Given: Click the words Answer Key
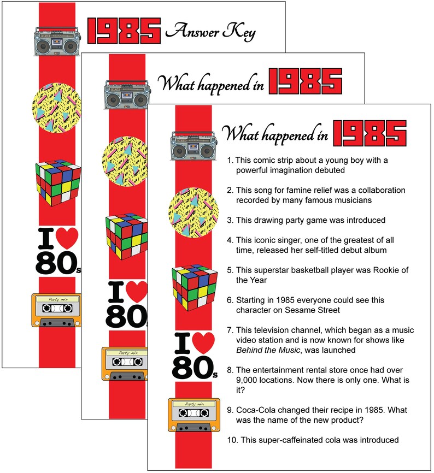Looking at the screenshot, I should [210, 32].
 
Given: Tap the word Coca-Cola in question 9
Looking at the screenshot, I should [257, 410].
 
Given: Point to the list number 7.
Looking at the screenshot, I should [230, 330].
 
